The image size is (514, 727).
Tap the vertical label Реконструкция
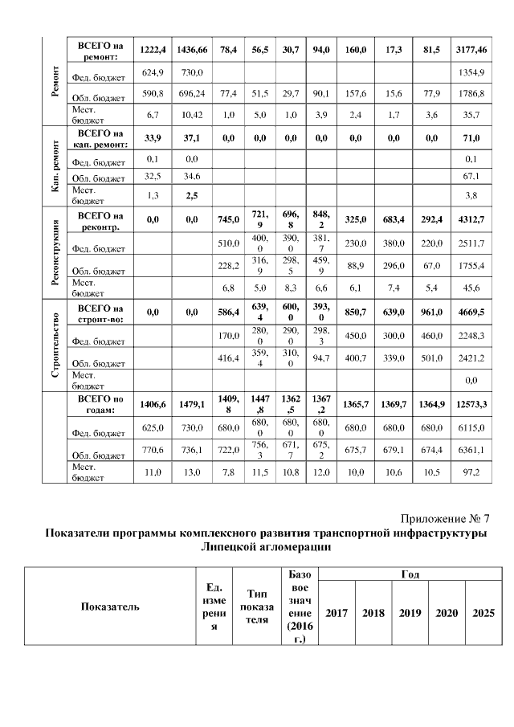tap(55, 255)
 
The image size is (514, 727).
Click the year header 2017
tap(337, 613)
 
